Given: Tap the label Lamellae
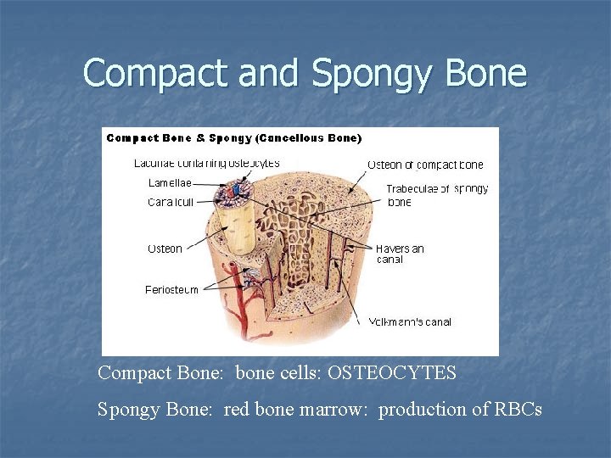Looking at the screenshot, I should coord(170,182).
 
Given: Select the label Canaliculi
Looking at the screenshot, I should coord(171,202).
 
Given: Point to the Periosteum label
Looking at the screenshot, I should coord(171,289).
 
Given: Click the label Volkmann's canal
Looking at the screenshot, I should coord(410,321).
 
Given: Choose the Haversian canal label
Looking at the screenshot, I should coord(400,254).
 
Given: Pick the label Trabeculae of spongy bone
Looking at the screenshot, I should coord(436,195).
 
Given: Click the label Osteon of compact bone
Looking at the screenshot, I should coord(424,164).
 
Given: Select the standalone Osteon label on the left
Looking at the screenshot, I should coord(165,249).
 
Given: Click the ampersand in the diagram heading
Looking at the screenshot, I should coord(199,138).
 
